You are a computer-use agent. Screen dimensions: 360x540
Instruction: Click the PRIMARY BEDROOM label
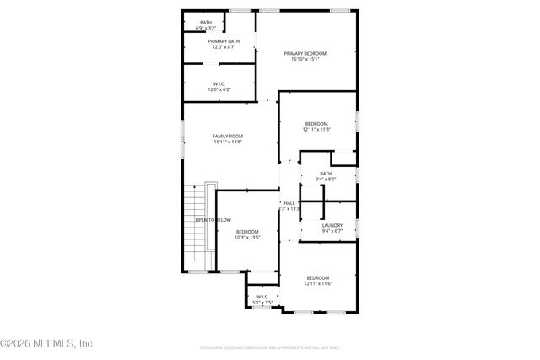click(305, 53)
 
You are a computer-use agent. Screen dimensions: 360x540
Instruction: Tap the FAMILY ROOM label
click(227, 136)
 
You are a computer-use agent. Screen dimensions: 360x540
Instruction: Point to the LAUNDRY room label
click(332, 225)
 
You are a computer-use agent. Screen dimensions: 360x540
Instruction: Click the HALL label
click(289, 203)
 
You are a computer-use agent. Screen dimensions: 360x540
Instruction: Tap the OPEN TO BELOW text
click(213, 220)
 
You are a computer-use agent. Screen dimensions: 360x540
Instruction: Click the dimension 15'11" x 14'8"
click(227, 142)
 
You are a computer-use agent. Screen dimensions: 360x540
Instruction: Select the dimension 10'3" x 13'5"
click(247, 238)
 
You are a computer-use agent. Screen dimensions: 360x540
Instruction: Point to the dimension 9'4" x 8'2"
click(326, 180)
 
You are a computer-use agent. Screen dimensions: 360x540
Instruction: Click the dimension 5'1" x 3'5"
click(262, 302)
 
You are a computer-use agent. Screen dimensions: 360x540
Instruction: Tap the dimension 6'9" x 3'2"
click(206, 28)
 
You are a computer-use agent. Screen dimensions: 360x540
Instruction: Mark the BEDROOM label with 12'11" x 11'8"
click(317, 123)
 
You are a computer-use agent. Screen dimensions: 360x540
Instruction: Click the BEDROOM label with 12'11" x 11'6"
click(317, 278)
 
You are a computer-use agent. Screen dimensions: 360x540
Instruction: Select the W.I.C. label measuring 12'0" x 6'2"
click(219, 83)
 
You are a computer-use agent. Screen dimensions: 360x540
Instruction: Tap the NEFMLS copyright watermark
click(46, 343)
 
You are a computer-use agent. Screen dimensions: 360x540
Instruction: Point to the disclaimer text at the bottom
click(270, 347)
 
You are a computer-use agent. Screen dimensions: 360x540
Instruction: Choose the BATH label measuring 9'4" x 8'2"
click(326, 174)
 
